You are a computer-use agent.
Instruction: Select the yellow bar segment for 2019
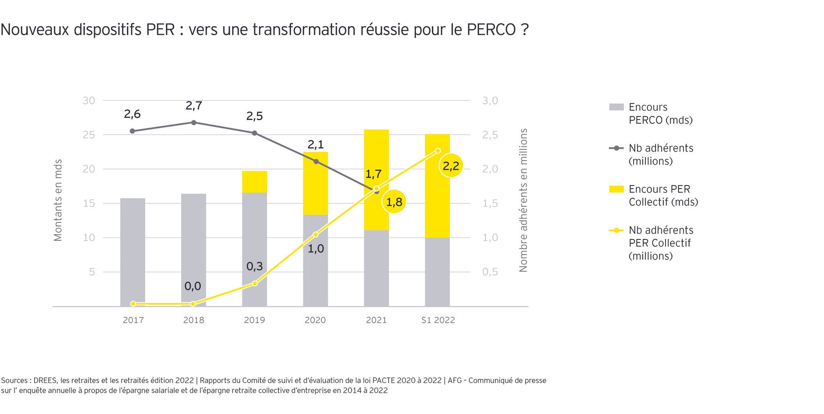[x=254, y=182]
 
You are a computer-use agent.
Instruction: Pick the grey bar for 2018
[x=194, y=249]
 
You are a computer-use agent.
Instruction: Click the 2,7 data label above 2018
[x=194, y=106]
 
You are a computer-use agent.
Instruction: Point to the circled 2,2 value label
[x=451, y=166]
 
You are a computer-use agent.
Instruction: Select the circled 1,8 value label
[x=394, y=202]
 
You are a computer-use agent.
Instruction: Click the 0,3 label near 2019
[x=254, y=266]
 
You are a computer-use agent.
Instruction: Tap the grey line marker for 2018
[x=194, y=122]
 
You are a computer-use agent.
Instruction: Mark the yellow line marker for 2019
[x=255, y=284]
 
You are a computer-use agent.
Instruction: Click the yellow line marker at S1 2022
[x=438, y=151]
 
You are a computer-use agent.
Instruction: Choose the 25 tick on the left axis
[x=89, y=135]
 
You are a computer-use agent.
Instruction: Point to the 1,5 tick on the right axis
[x=490, y=203]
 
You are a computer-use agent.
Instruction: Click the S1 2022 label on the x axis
[x=438, y=320]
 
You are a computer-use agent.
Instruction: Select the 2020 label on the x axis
[x=315, y=320]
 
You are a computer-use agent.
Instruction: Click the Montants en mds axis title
[x=58, y=200]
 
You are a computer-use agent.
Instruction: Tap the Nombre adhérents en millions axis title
[x=523, y=200]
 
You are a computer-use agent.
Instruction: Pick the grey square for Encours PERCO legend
[x=616, y=107]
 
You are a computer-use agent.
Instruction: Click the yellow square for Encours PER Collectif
[x=616, y=189]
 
